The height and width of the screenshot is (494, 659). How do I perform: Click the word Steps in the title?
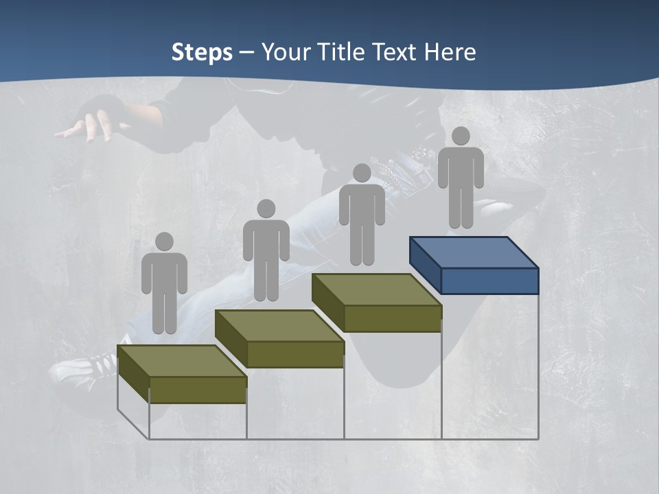click(x=202, y=52)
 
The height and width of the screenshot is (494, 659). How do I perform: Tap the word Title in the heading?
click(x=341, y=52)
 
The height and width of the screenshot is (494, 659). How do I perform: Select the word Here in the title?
click(x=449, y=52)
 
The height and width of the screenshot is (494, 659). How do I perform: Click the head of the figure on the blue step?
click(x=461, y=136)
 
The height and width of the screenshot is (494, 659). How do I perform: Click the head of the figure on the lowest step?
click(x=164, y=242)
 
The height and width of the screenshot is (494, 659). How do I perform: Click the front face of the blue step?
click(x=489, y=281)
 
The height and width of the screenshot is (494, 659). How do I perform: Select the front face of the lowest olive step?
click(x=198, y=390)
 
